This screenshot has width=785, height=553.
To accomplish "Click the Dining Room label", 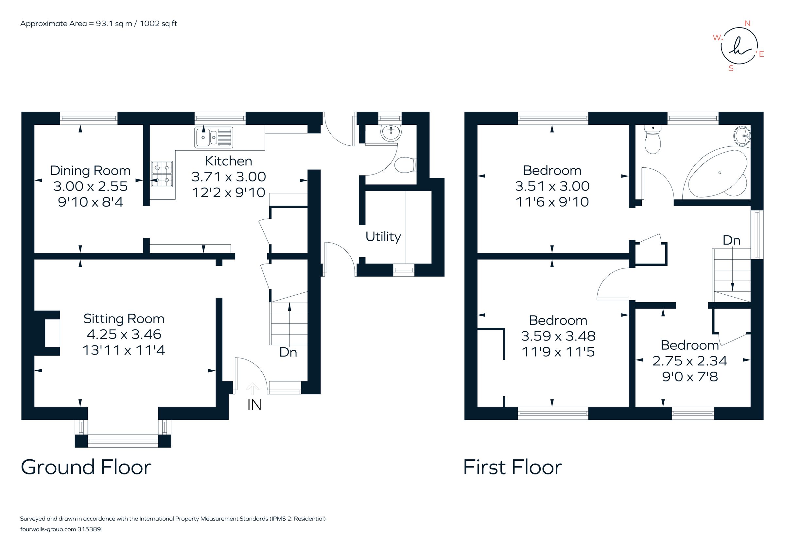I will [90, 170].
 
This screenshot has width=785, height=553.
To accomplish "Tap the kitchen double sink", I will [214, 137].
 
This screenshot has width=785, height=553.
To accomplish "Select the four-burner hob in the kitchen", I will [162, 174].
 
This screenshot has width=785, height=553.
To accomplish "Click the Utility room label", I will [383, 237].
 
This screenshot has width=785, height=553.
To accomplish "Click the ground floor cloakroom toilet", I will [405, 165].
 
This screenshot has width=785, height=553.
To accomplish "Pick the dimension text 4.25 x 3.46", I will [124, 334].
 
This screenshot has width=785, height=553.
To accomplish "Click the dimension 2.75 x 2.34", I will [689, 361].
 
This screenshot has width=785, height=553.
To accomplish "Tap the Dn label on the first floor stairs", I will [731, 241].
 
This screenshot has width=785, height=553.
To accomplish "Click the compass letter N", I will [747, 24].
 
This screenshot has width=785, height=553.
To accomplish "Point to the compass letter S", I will [731, 68].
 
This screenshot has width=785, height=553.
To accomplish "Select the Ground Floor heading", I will [86, 467].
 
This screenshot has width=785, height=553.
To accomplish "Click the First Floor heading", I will [513, 467].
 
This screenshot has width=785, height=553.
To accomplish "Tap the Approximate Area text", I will [98, 24].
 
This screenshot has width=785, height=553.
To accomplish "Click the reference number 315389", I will [89, 529].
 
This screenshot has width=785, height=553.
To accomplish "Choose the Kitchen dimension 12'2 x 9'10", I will [228, 193].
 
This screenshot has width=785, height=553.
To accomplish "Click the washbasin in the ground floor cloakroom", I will [391, 132].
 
